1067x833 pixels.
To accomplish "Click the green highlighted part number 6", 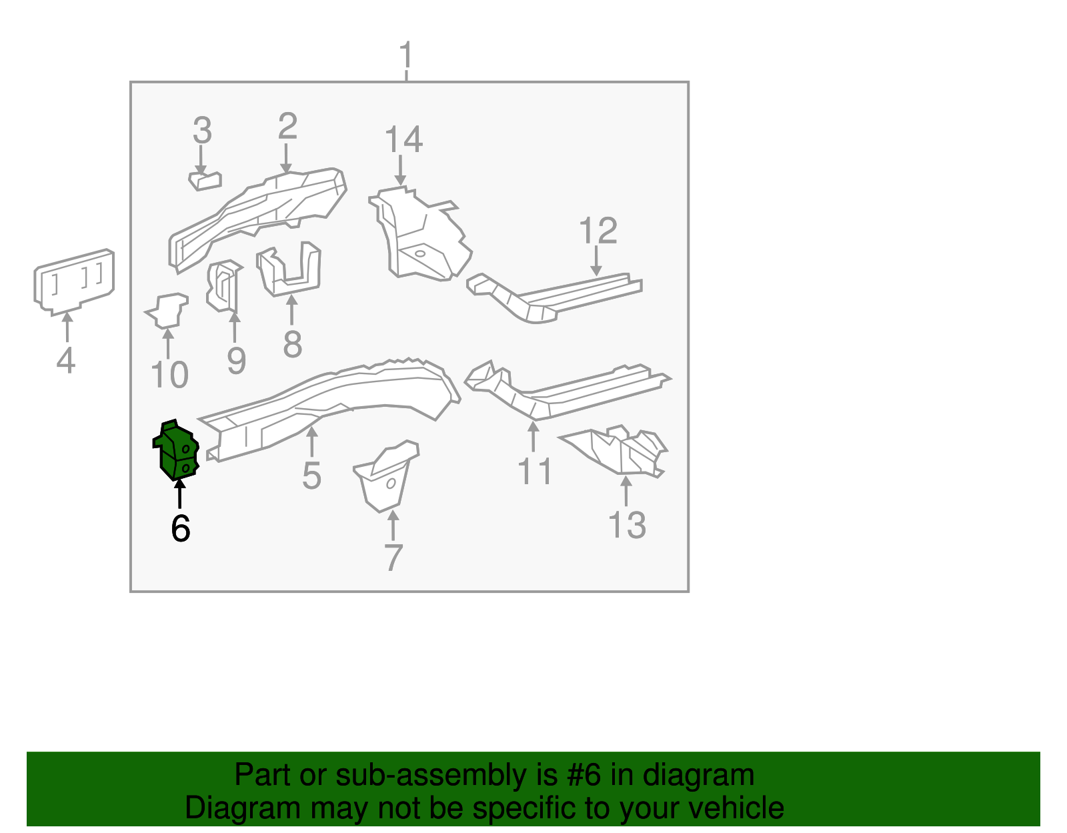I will click(177, 450).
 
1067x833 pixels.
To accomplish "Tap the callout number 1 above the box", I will click(405, 56).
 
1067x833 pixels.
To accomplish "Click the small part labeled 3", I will click(205, 180).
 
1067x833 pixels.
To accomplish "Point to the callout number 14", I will click(403, 139).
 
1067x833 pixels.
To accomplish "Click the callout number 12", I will click(598, 231).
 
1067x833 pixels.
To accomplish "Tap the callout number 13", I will click(627, 525).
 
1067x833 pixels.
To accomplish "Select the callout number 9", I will click(237, 361).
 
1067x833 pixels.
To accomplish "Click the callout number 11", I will click(535, 472).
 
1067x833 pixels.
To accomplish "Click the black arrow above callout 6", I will click(179, 494).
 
